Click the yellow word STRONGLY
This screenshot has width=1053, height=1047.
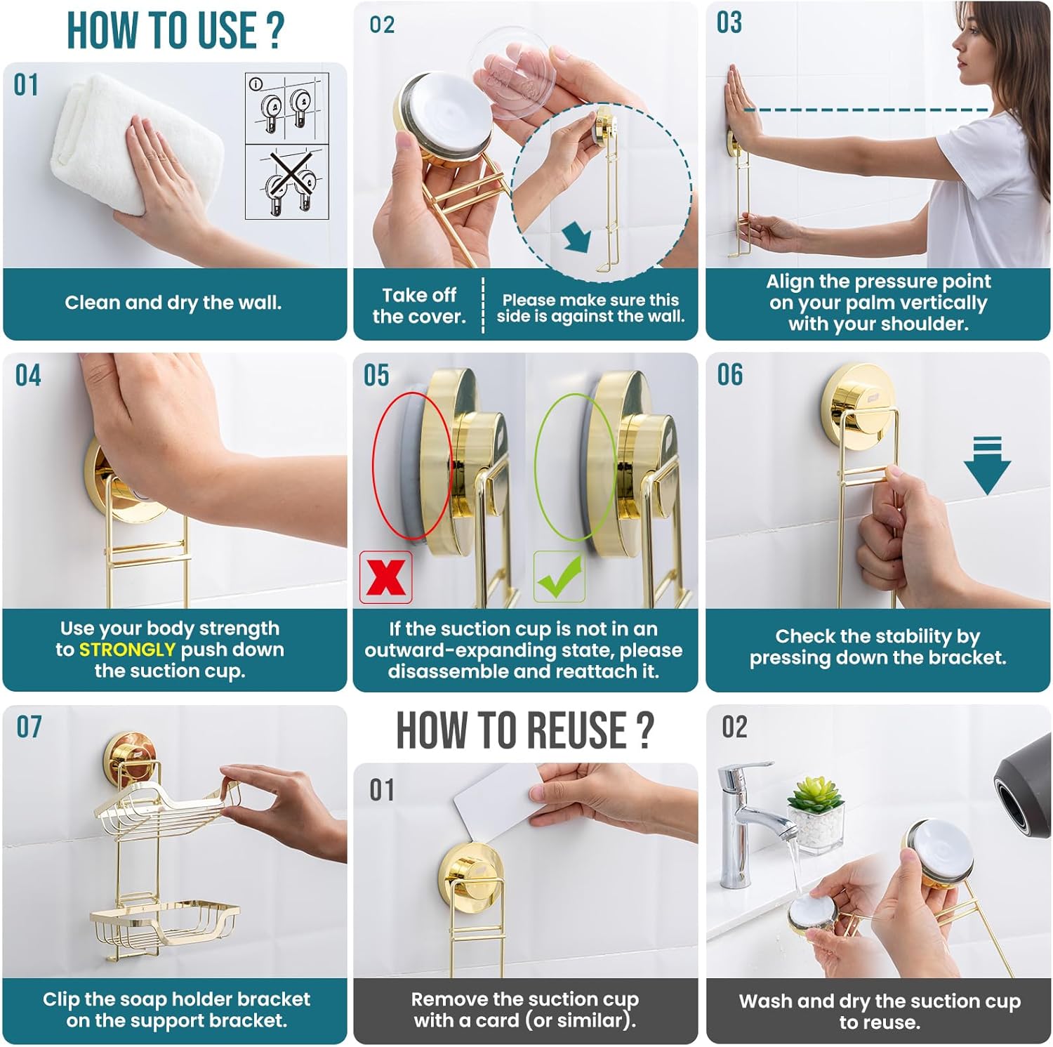coord(126,650)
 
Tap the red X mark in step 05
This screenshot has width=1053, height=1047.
coord(385,577)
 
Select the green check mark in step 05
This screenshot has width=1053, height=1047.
coord(560,577)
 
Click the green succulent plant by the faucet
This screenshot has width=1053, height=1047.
coord(815,794)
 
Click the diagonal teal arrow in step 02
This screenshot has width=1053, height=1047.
coord(578,237)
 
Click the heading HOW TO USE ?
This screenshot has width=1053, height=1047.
coord(175,30)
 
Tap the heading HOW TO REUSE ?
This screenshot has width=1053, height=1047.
coord(525,730)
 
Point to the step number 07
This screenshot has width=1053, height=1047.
coord(29,727)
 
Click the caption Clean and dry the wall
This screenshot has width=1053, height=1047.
coord(173,303)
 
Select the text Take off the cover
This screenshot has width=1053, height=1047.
coord(419,305)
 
